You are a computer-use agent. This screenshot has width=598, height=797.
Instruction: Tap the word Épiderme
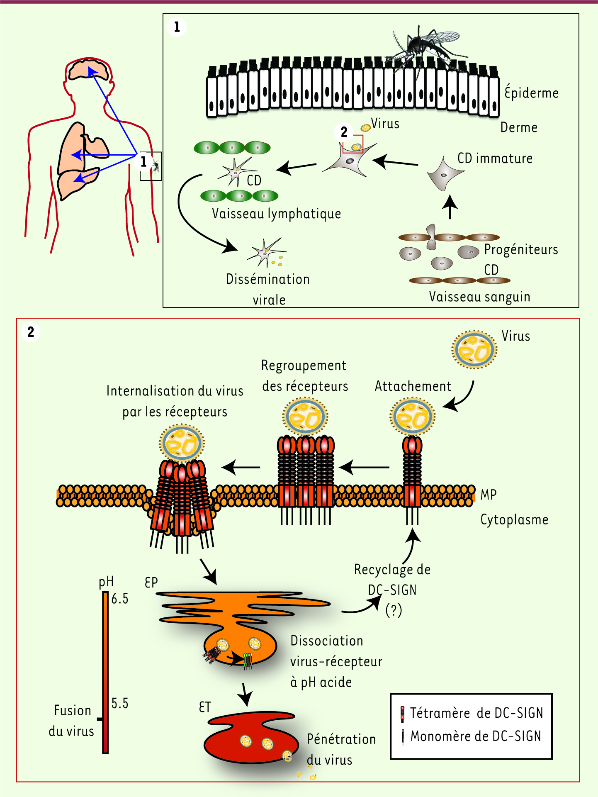pos(531,92)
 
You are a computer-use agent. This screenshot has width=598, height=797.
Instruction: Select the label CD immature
pos(495,158)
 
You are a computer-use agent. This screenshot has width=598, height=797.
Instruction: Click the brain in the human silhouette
pos(88,70)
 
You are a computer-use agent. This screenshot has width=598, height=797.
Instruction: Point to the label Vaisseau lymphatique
pos(276,214)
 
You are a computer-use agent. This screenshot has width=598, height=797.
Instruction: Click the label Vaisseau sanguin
pos(479,297)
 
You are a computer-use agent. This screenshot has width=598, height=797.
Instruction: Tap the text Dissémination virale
pos(268,289)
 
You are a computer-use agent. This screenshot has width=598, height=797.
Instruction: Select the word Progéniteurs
pos(521,249)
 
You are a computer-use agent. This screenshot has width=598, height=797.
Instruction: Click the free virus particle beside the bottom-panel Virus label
pos(474,349)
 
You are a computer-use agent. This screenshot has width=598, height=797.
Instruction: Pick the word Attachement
pos(413,386)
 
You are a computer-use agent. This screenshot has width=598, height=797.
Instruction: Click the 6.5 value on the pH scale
pos(120,599)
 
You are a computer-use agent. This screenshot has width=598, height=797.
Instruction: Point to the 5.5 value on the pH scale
pos(120,704)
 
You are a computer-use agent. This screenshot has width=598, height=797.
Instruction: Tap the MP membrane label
pos(488,495)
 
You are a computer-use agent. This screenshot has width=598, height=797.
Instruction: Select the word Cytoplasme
pos(514,519)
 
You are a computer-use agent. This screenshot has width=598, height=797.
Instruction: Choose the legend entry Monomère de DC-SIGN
pos(475,736)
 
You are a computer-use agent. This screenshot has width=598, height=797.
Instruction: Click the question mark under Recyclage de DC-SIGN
pos(393,610)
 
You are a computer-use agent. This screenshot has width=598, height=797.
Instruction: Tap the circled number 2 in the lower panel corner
pos(31,332)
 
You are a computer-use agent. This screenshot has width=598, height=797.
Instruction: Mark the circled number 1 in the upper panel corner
pos(177,27)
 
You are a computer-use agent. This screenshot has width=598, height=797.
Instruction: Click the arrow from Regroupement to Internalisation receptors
pos(241,467)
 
